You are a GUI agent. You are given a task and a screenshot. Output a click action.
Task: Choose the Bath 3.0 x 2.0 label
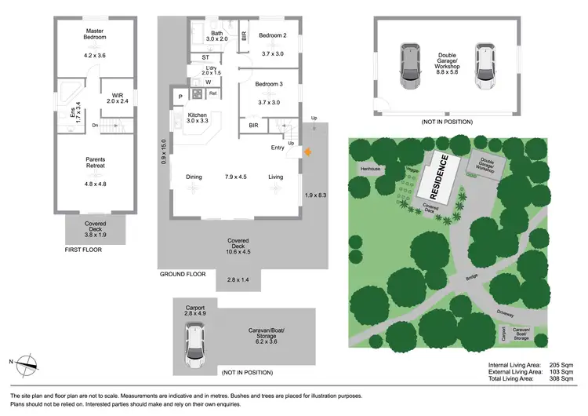coord(216,35)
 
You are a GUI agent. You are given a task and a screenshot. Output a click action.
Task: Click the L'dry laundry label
coord(211,69)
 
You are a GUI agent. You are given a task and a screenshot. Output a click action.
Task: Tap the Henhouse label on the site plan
coord(370,169)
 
